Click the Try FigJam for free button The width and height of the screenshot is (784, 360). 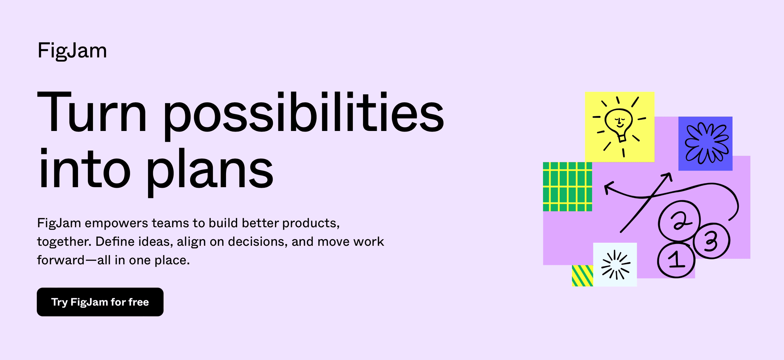(x=100, y=302)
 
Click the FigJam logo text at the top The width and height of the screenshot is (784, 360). (x=72, y=51)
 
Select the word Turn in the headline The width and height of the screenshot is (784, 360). (x=92, y=112)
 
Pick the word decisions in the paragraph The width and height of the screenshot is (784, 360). (x=257, y=242)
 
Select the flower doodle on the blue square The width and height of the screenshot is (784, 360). (x=706, y=143)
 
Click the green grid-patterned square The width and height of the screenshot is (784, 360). (x=567, y=187)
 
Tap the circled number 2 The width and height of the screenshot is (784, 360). (x=679, y=221)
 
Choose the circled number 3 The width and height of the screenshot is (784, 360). (x=711, y=241)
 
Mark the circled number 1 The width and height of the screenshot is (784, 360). (x=676, y=260)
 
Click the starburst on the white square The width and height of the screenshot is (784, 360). (x=615, y=265)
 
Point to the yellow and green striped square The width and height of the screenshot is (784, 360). (x=582, y=276)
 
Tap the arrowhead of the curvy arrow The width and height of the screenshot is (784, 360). (x=608, y=188)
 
